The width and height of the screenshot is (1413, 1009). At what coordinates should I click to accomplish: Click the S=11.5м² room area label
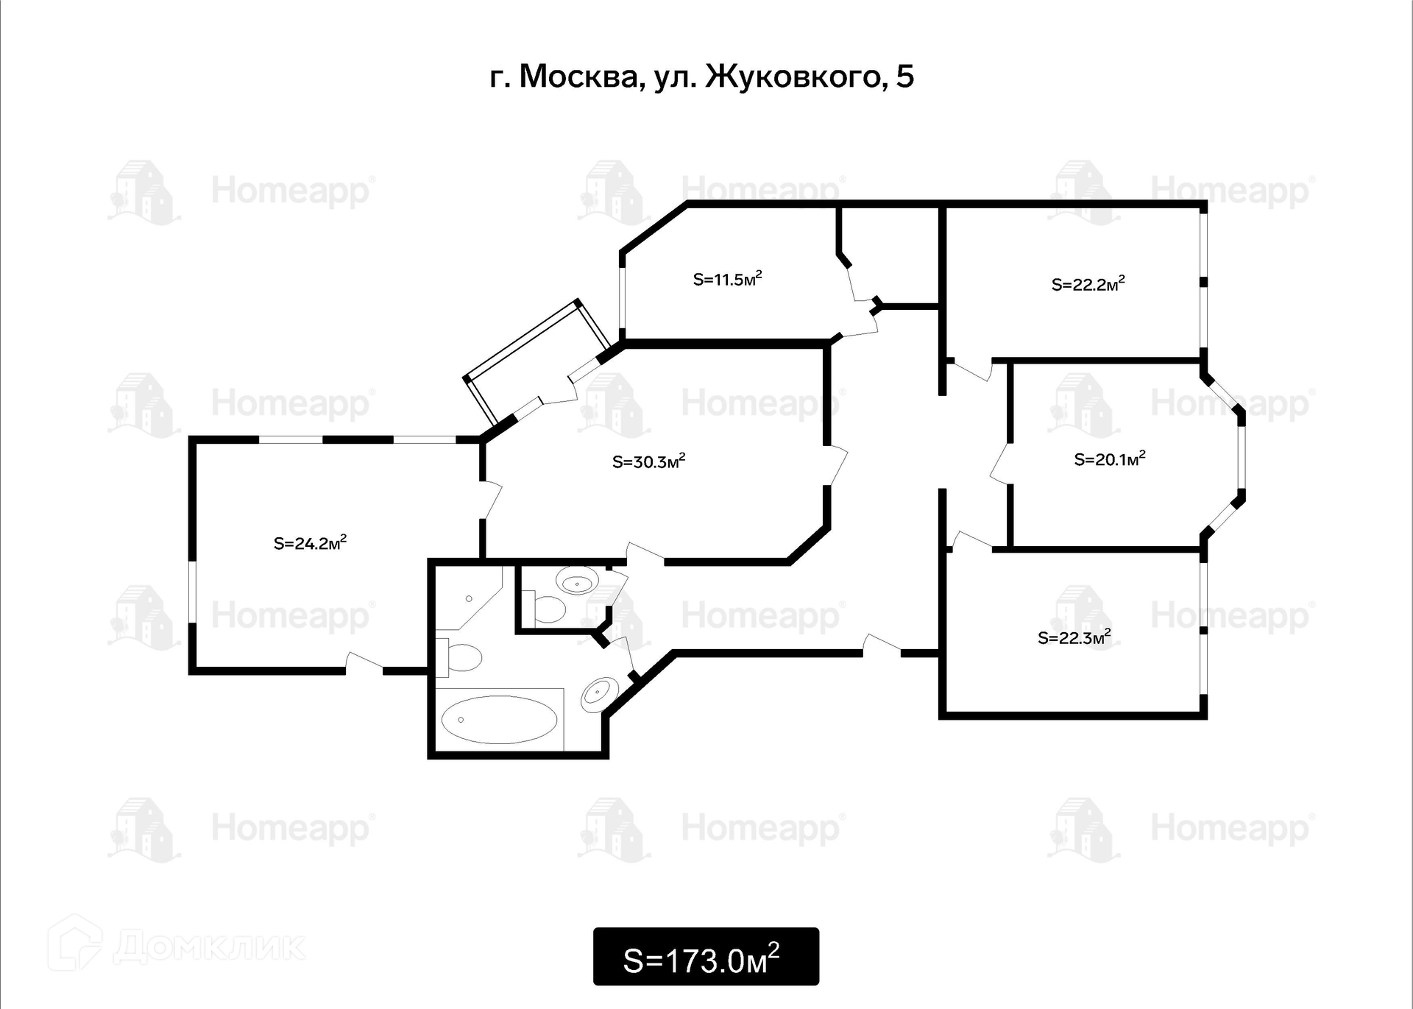(727, 280)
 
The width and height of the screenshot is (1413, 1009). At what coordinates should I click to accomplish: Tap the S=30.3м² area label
(648, 462)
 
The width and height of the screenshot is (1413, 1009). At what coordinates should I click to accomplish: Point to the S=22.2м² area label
(1088, 284)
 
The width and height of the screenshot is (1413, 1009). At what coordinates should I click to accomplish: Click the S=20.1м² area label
(1109, 460)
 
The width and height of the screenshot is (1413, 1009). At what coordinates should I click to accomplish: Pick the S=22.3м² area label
(1074, 637)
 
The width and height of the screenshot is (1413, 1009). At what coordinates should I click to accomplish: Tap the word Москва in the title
(578, 77)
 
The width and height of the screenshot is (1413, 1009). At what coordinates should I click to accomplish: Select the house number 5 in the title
(904, 77)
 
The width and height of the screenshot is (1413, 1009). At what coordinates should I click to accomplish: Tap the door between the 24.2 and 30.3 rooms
(491, 500)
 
